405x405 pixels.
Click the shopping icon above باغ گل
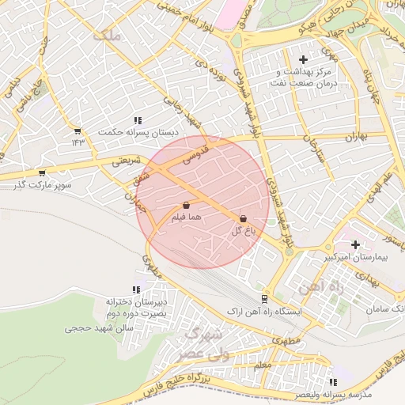[x=242, y=218]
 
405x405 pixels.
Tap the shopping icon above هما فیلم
[x=186, y=205]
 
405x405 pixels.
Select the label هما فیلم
[x=187, y=216]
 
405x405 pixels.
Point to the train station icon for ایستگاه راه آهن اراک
[x=264, y=299]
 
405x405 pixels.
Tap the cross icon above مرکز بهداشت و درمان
[x=303, y=59]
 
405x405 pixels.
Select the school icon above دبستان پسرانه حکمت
[x=138, y=119]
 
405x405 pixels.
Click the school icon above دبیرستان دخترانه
[x=136, y=290]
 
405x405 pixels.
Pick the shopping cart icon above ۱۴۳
[x=78, y=131]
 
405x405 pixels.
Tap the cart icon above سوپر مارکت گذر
[x=42, y=172]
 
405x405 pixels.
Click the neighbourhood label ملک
[x=104, y=36]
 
